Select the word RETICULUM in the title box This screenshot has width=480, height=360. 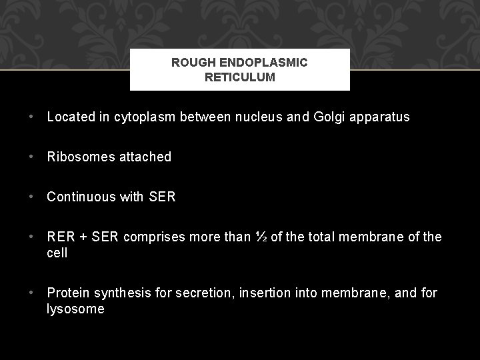[x=239, y=77]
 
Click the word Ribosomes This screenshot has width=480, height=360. [x=79, y=157]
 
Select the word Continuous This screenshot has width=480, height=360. [x=81, y=197]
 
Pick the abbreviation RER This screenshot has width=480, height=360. [x=60, y=237]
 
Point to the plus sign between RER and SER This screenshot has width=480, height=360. [x=83, y=237]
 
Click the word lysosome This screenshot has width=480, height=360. [x=75, y=309]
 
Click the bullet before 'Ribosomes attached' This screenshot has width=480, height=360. [x=31, y=157]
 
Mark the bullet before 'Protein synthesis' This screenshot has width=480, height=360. [x=31, y=293]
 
